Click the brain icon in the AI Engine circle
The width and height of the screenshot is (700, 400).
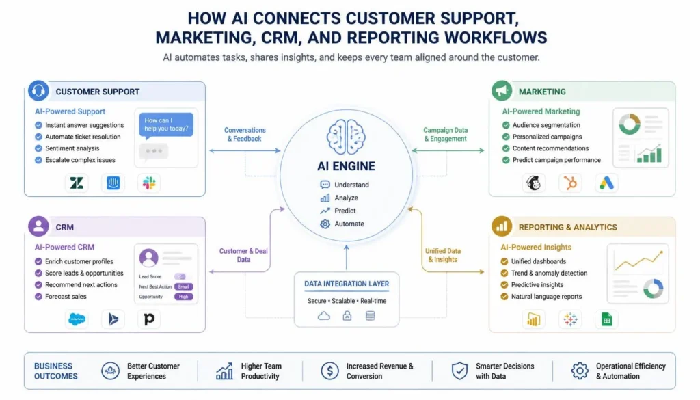coord(346,137)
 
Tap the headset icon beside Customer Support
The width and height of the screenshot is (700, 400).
coord(38,91)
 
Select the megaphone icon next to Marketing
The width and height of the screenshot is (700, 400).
coord(502,91)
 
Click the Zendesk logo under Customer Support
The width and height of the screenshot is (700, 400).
coord(77,183)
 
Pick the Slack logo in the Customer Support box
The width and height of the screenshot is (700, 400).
coord(148,183)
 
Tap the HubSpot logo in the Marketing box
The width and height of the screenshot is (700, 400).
coord(570,183)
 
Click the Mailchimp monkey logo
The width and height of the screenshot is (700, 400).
coord(533,183)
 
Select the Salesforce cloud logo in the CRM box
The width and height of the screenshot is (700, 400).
coord(77,319)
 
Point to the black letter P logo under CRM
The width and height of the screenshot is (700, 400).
coord(149,319)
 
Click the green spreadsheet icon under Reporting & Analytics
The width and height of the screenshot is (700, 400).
coord(606,319)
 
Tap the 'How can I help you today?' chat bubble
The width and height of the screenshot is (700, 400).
coord(166,125)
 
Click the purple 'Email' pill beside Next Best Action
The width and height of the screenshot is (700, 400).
coord(183,286)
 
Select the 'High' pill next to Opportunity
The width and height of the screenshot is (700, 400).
coord(183,297)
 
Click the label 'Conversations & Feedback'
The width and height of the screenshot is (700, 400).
coord(245,135)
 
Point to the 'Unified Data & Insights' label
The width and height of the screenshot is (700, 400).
coord(443,255)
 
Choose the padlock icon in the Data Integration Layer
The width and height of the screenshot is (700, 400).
coord(347,316)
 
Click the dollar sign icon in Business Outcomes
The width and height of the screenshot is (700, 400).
coord(330,371)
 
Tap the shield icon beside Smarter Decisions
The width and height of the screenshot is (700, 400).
coord(459,371)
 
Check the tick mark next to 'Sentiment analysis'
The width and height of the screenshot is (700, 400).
coord(38,148)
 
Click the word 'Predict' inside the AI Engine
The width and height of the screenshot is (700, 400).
coord(345,211)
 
